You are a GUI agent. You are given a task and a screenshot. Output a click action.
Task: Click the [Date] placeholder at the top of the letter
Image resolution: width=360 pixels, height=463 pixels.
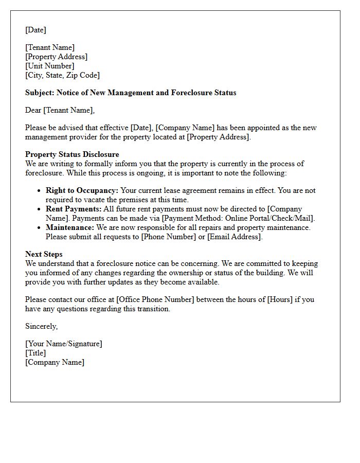tap(35, 30)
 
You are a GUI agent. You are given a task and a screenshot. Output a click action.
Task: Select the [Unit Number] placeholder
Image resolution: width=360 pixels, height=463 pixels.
tap(50, 66)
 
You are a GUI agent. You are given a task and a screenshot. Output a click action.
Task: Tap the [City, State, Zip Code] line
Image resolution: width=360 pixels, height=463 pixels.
tap(62, 75)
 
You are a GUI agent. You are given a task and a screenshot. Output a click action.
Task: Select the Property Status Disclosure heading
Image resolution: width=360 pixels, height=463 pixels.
tap(72, 154)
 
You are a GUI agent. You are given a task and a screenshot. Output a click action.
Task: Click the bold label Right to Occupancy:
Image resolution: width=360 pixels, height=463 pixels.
tap(82, 190)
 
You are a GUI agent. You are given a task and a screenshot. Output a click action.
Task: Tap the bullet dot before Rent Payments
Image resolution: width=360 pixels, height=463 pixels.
tap(39, 209)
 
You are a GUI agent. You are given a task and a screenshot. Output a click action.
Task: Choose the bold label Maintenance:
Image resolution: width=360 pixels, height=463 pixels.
tap(70, 227)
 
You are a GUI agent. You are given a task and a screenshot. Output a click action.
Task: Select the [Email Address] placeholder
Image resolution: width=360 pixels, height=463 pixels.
tap(236, 237)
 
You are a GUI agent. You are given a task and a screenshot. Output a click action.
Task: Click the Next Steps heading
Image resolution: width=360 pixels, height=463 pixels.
tap(44, 254)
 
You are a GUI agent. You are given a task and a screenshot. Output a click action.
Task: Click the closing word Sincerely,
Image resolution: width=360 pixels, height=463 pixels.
tap(41, 326)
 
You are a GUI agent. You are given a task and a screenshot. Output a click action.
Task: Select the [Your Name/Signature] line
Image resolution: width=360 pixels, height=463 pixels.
tap(64, 344)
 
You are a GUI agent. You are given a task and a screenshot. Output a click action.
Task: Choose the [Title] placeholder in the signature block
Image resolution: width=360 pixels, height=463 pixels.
tap(35, 353)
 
